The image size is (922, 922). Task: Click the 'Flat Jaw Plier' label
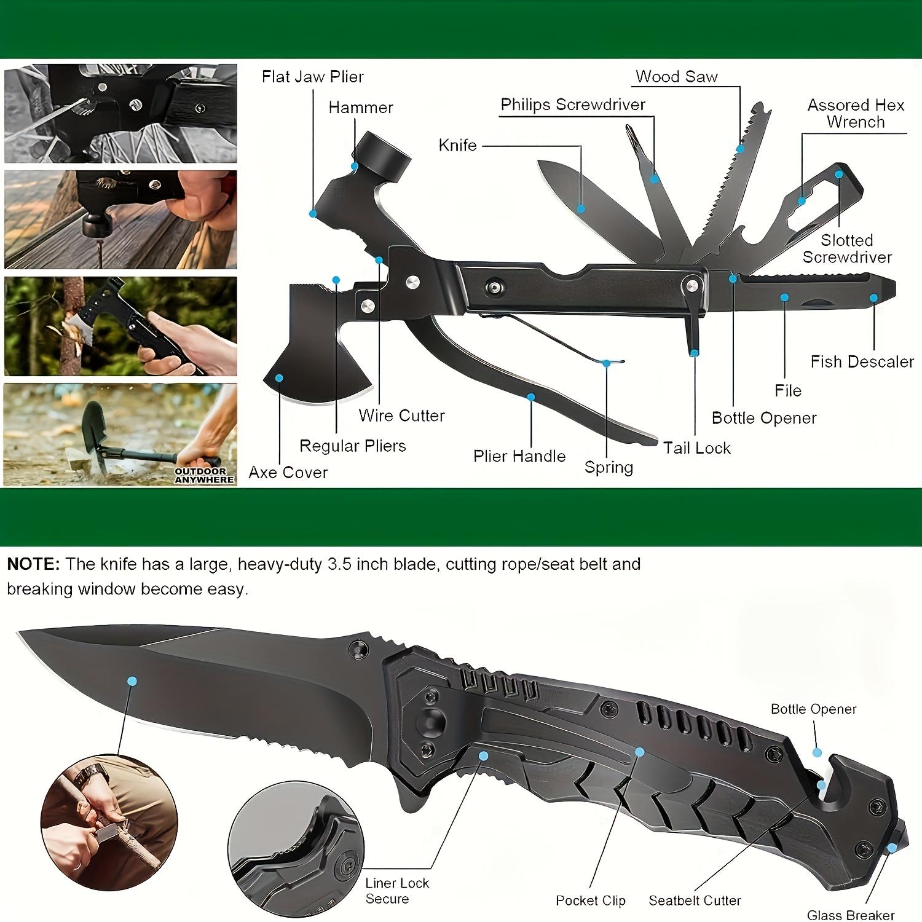312,77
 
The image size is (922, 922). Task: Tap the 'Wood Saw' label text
676,77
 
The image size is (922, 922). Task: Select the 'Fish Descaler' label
862,361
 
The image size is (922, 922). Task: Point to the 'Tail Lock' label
696,448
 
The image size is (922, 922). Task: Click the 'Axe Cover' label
288,472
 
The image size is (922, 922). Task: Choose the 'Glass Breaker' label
851,915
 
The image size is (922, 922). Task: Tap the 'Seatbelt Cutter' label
695,900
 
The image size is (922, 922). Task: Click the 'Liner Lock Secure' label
397,891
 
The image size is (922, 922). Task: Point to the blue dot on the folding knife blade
132,681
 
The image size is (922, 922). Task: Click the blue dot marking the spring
606,363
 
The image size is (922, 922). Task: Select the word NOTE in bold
33,564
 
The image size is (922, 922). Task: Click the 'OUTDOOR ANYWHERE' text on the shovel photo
205,475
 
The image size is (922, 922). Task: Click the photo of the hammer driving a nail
120,219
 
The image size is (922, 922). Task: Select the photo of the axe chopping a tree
120,326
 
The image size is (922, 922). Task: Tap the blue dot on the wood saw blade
741,149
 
